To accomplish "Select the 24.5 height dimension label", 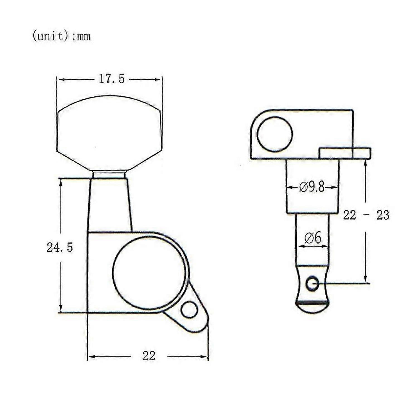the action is tap(60, 247).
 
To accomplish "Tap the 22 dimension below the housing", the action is tap(149, 356).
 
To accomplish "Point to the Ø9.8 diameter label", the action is tap(312, 187).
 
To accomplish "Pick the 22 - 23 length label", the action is tap(366, 215).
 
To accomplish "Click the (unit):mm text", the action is tap(61, 36).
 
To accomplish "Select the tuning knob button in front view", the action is tap(109, 133).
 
